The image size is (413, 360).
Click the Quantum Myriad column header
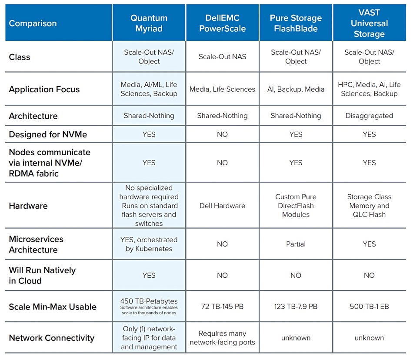(x=149, y=23)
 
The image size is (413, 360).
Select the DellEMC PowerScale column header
(x=222, y=23)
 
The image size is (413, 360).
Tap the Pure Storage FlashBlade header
(x=296, y=23)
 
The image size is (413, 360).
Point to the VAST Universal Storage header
(x=369, y=23)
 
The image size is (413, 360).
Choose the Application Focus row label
(x=44, y=89)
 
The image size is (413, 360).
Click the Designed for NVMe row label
(x=48, y=134)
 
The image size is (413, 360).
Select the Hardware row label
(x=28, y=206)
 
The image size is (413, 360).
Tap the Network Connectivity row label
(x=52, y=338)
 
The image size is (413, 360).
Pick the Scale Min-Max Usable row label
(x=53, y=307)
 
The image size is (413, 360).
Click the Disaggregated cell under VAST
(x=369, y=116)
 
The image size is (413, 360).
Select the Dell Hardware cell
(x=222, y=206)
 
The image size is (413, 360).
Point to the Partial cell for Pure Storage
(x=296, y=244)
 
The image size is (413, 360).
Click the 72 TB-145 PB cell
(x=222, y=307)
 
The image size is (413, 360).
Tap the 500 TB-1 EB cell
(x=369, y=307)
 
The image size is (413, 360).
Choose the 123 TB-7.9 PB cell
(x=296, y=307)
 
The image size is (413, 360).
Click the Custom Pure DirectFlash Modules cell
(x=296, y=206)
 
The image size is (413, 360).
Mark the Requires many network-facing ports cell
(x=222, y=338)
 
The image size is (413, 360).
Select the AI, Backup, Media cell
(x=296, y=89)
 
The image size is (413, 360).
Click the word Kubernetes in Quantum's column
(x=153, y=249)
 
